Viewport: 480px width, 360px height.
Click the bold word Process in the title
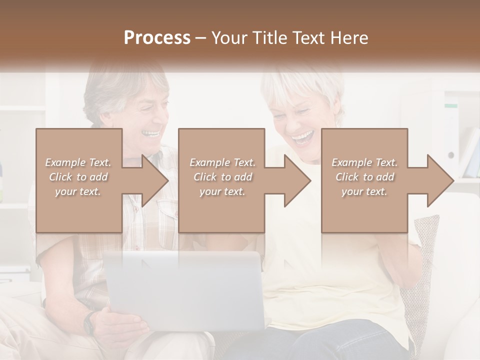point(157,37)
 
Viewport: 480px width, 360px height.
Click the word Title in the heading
point(270,37)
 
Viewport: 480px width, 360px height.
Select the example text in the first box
point(78,177)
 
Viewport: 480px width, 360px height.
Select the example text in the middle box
point(222,177)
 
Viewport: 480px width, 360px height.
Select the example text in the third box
point(364,177)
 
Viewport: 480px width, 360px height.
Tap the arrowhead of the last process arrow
point(439,180)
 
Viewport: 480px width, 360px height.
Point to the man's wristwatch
point(89,322)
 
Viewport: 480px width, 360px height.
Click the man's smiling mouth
point(151,133)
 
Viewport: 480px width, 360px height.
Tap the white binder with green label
point(451,135)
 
